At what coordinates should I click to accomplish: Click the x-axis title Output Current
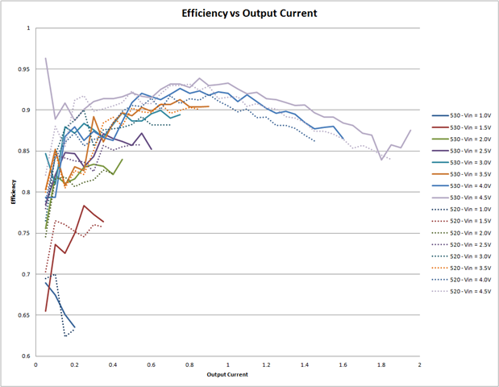click(227, 375)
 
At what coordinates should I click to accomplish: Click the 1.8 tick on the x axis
click(381, 365)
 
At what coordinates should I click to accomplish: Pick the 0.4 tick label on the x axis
click(113, 365)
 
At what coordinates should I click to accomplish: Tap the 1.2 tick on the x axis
click(266, 365)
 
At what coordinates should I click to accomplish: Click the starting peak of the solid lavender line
click(46, 58)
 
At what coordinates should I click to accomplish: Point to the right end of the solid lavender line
click(410, 130)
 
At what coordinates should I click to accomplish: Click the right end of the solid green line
click(123, 159)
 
